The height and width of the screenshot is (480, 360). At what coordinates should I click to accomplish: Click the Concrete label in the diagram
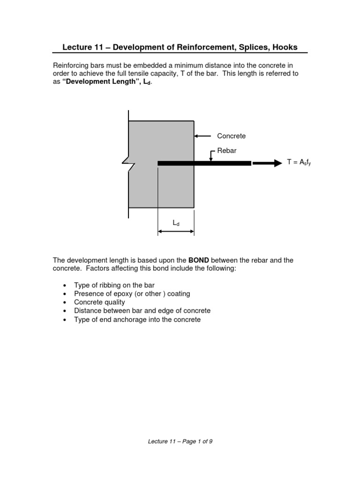[x=231, y=136]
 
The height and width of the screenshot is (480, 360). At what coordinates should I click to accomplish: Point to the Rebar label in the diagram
[x=227, y=150]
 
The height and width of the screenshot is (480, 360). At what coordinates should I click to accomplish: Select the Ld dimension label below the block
[x=176, y=224]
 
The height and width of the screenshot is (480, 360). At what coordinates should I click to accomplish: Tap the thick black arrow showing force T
[x=267, y=163]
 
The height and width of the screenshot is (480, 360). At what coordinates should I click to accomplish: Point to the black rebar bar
[x=204, y=163]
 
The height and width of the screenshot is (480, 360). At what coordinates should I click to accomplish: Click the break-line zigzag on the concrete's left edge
[x=128, y=163]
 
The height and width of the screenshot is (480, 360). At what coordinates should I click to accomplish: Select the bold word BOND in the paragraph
[x=201, y=260]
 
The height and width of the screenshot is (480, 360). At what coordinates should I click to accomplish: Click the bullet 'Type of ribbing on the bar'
[x=114, y=285]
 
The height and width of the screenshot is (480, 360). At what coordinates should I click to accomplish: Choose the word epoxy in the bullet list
[x=115, y=294]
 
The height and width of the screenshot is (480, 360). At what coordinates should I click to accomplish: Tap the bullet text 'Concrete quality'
[x=99, y=302]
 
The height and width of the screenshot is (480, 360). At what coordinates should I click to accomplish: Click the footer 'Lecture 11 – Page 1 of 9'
[x=180, y=441]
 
